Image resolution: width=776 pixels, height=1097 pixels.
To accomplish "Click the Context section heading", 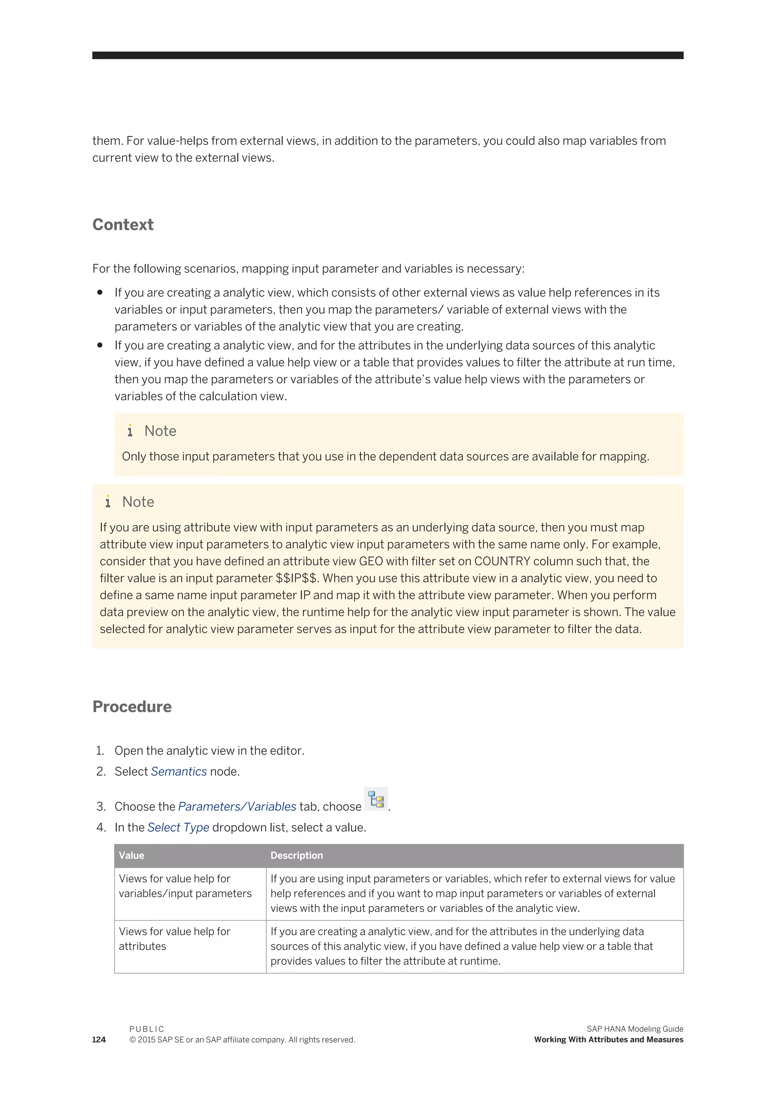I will pos(123,225).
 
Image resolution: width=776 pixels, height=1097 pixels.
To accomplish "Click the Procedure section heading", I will pos(132,706).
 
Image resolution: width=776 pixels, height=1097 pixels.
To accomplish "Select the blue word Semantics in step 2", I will pos(179,772).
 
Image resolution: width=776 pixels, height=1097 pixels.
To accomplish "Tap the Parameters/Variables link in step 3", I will pos(237,806).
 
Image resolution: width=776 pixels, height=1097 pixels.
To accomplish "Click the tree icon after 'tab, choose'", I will pos(376,799).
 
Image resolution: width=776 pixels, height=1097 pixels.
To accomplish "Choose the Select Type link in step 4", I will pos(178,828).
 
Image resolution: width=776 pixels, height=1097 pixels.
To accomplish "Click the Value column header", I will pos(131,855).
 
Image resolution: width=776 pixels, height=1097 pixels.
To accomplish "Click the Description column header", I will pos(296,855).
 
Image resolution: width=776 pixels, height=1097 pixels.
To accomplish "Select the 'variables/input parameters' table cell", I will pos(185,894).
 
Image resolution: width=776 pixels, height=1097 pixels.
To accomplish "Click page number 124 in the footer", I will pos(99,1040).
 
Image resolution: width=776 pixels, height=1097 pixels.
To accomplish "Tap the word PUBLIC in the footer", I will pos(147,1029).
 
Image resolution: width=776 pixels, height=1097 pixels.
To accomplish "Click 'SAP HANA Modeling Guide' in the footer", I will pos(635,1029).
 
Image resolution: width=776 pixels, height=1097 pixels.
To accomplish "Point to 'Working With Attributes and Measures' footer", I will pos(608,1040).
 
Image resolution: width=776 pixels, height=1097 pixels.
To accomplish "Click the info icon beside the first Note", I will pos(130,431).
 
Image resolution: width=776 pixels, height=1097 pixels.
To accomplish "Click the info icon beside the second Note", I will pos(108,502).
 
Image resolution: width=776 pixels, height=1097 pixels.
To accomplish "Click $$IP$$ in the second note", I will pos(296,578).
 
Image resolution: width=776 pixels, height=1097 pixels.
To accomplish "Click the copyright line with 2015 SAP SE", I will pos(242,1040).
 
